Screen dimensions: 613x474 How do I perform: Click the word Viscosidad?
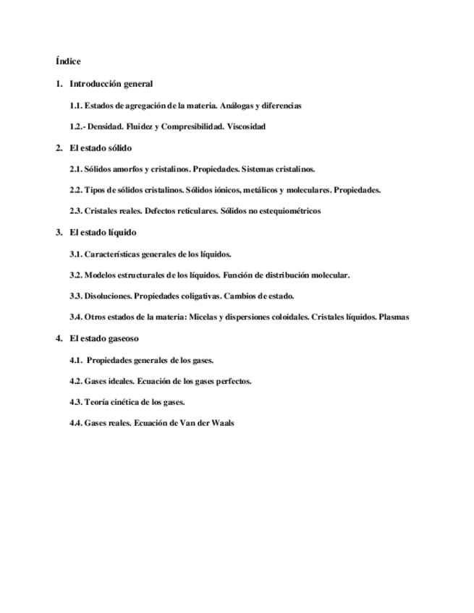[x=247, y=127]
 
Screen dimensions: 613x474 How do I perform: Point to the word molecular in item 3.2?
[x=331, y=275]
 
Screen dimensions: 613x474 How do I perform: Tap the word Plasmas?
[x=394, y=317]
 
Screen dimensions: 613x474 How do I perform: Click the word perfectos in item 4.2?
[x=232, y=380]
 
